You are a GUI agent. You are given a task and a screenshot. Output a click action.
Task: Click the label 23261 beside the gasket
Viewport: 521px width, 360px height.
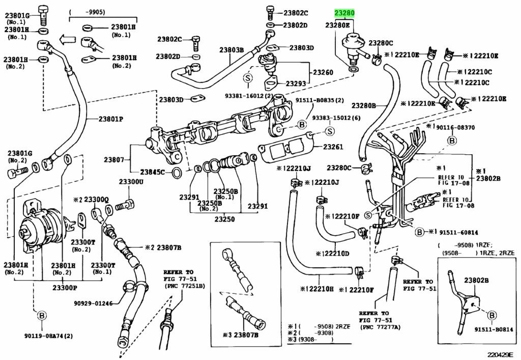[332, 147]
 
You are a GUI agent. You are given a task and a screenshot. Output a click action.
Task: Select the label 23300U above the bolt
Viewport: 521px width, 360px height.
[131, 181]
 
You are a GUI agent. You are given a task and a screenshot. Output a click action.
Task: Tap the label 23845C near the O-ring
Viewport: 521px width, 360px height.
[153, 172]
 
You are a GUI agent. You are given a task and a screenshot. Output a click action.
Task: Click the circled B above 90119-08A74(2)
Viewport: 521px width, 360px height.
[41, 316]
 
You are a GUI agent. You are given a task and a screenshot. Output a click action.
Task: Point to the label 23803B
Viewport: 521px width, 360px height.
[231, 50]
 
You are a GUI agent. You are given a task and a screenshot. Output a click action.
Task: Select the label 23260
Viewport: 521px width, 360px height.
[323, 73]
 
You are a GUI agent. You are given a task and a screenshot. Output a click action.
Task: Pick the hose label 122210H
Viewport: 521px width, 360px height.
[319, 289]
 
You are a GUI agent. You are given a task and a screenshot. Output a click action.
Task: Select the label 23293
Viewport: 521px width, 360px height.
[296, 83]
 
